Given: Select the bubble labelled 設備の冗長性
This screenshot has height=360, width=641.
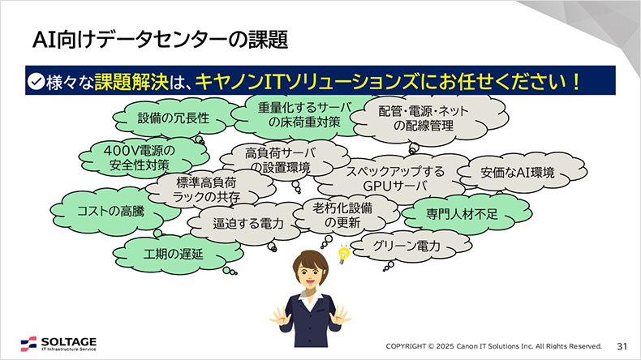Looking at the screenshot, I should point(173,118).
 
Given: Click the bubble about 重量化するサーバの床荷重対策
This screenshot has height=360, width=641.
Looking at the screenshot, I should point(294,114).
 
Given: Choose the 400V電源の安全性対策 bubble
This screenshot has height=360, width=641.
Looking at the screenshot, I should point(139,156).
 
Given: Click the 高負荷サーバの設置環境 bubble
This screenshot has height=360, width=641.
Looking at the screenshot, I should point(280,160).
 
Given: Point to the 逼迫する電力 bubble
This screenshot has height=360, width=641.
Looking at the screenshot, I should point(247,222).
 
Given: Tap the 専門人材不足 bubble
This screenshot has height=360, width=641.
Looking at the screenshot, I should point(462,215).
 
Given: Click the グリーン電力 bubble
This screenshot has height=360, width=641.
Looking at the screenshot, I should point(407,245).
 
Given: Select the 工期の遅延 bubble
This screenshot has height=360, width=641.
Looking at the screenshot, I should point(173,253).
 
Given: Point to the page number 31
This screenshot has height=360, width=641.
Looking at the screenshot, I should point(623,345).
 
